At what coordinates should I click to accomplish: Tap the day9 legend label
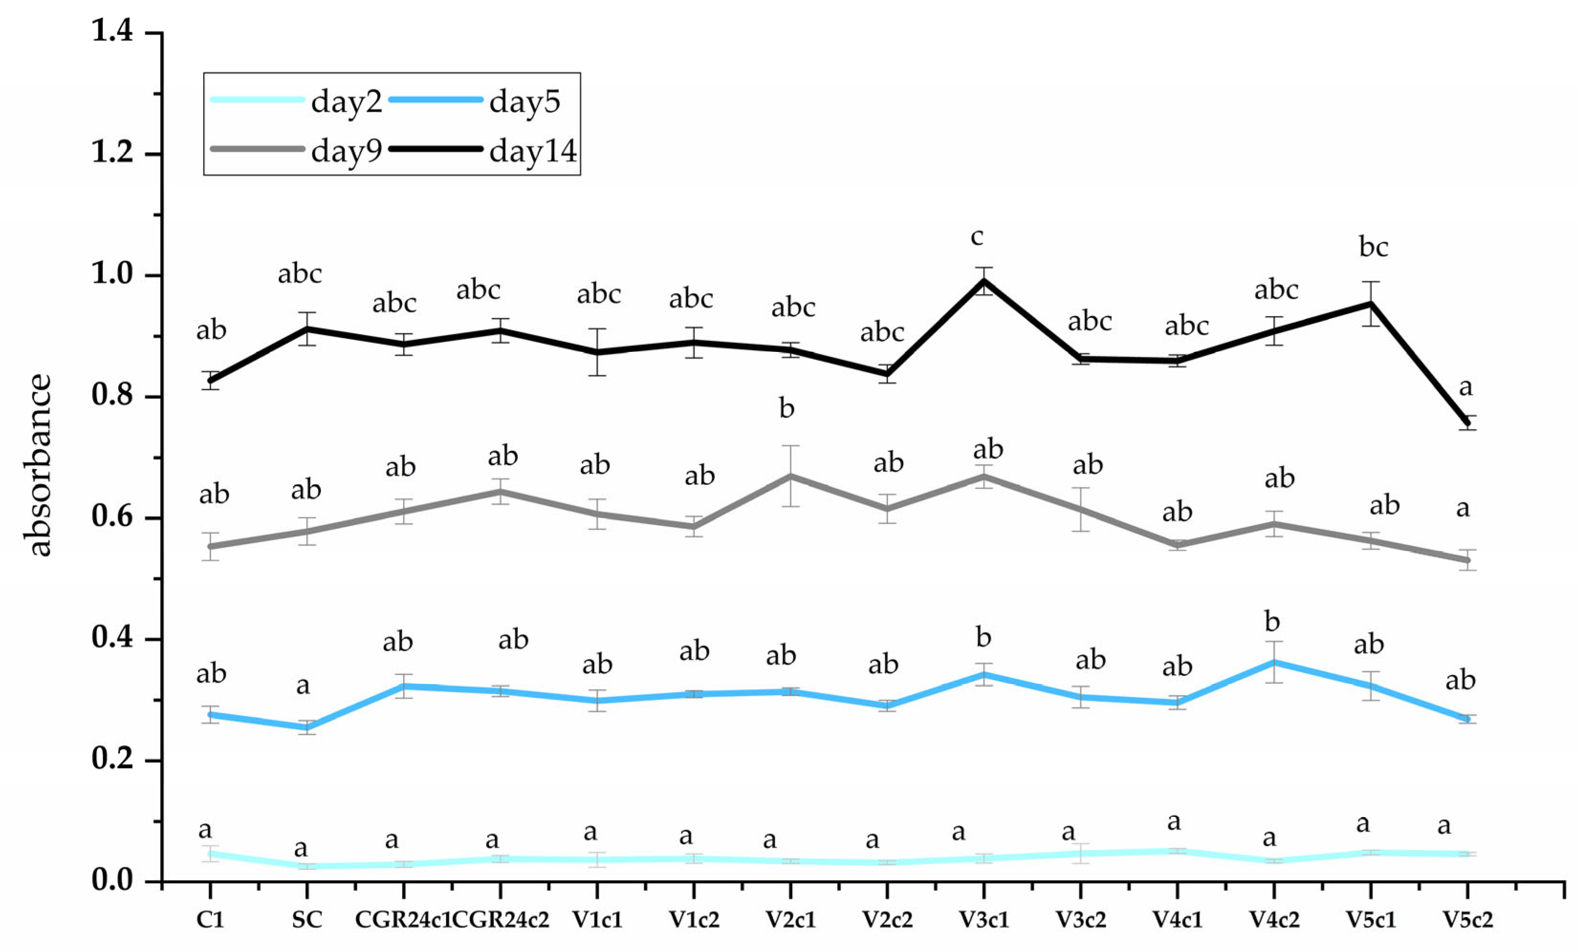tap(346, 151)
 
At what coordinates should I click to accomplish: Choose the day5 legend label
tap(524, 101)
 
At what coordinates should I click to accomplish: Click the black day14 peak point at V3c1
tap(984, 281)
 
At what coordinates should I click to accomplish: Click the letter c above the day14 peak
tap(977, 237)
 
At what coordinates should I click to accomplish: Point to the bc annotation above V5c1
tap(1373, 247)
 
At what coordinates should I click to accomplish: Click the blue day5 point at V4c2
tap(1274, 662)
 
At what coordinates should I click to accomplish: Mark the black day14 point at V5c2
tap(1467, 422)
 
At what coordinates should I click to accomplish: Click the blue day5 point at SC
tap(307, 727)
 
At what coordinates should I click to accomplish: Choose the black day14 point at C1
tap(211, 380)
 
